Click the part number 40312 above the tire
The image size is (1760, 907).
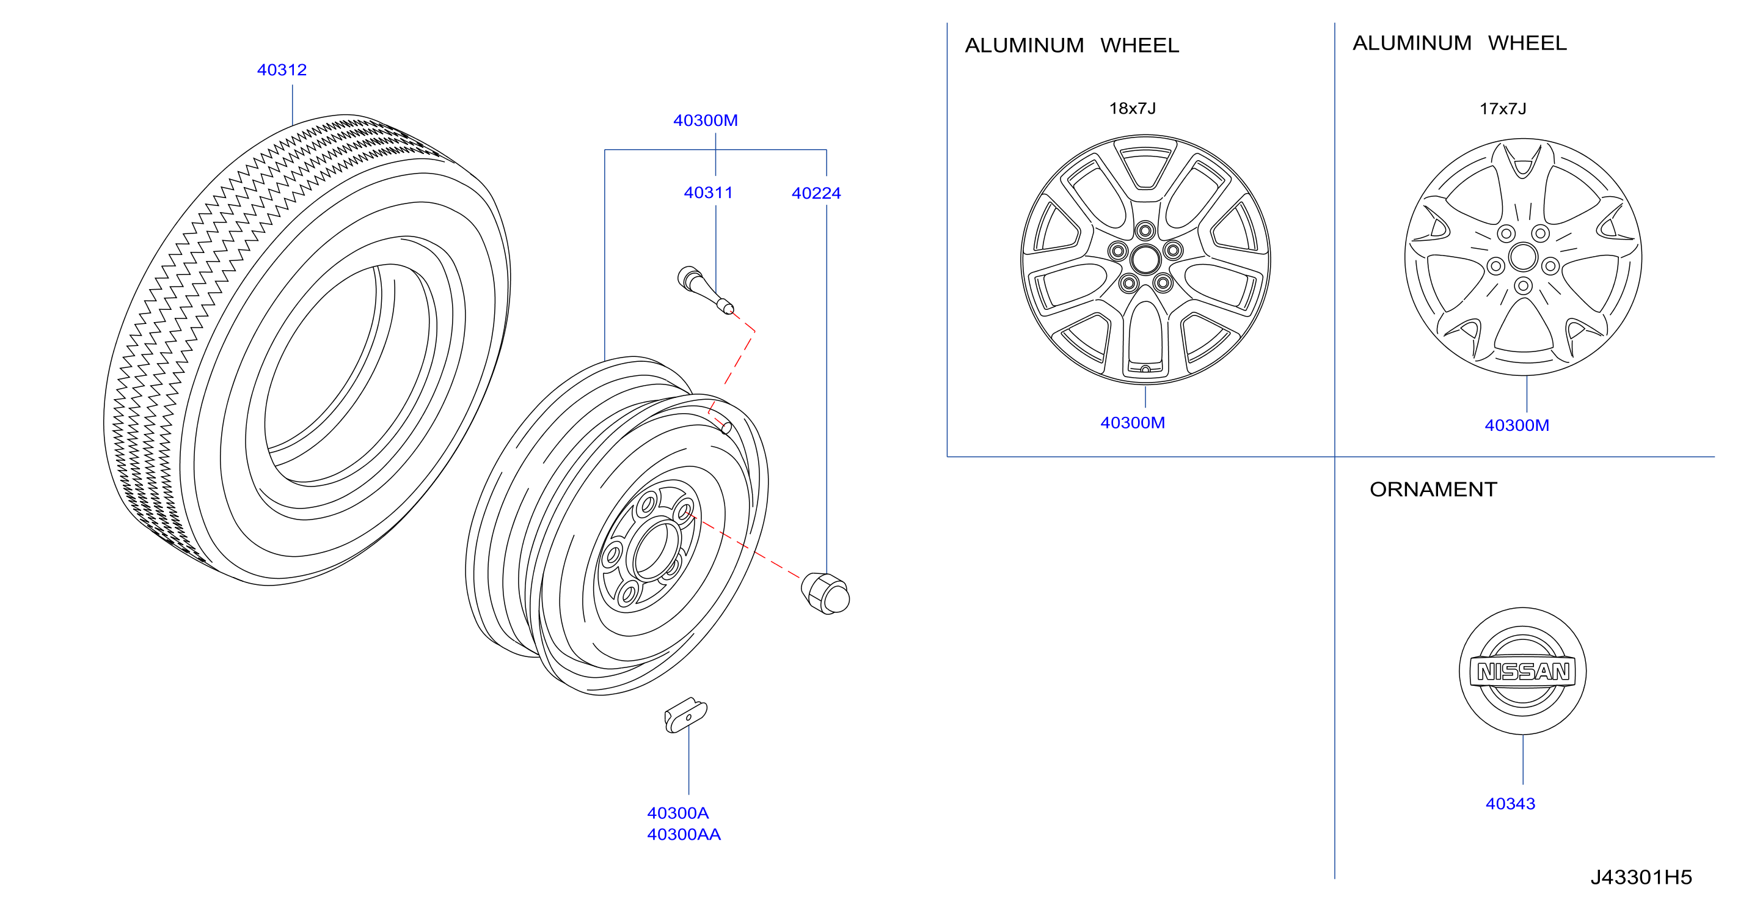point(282,70)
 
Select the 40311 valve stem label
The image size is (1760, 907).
point(708,193)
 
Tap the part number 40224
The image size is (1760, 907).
point(816,193)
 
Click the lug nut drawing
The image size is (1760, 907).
point(826,593)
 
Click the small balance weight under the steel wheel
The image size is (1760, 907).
point(685,715)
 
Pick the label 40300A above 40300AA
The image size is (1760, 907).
point(677,813)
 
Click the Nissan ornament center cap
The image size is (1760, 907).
point(1522,671)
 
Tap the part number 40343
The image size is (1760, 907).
point(1510,804)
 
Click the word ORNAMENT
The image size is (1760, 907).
point(1433,490)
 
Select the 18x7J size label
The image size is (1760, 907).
point(1132,109)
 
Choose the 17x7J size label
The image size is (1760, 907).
point(1502,109)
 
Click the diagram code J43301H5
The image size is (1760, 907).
point(1641,877)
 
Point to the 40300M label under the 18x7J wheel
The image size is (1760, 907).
point(1132,423)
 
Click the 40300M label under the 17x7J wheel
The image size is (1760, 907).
point(1517,426)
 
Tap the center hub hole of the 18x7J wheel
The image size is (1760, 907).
point(1145,259)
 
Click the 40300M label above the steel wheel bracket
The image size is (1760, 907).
point(705,120)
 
